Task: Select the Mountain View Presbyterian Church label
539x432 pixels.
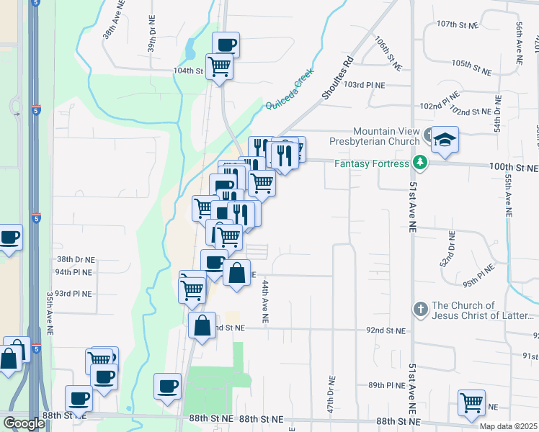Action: coord(391,136)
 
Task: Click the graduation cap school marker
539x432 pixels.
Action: coord(445,139)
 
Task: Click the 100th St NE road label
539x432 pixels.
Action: coord(513,168)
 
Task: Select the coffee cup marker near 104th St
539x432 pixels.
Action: coord(226,45)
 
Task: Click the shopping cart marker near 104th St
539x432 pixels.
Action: coord(220,66)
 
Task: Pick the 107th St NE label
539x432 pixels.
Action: coord(458,25)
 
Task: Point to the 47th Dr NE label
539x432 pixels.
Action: coord(331,390)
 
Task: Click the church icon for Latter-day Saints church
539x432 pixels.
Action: coord(421,309)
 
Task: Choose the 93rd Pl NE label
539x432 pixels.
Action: coord(73,294)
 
